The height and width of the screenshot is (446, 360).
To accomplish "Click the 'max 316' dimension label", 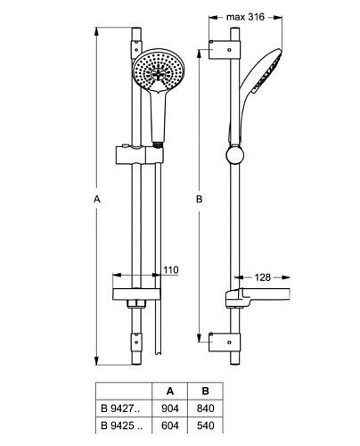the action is pyautogui.click(x=245, y=17).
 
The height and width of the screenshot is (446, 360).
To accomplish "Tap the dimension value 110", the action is pyautogui.click(x=171, y=270).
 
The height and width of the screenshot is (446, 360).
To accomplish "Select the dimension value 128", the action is pyautogui.click(x=263, y=277).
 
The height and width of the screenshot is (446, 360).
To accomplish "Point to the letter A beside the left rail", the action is pyautogui.click(x=97, y=199).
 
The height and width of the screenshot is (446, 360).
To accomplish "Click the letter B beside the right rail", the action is pyautogui.click(x=199, y=199).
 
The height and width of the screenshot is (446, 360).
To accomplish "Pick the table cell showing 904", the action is pyautogui.click(x=170, y=409).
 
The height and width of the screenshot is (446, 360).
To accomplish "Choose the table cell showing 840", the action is pyautogui.click(x=205, y=409).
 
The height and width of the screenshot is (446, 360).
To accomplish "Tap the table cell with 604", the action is pyautogui.click(x=170, y=425).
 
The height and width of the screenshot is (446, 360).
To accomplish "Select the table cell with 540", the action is pyautogui.click(x=205, y=425).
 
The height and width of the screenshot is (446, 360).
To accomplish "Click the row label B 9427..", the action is pyautogui.click(x=120, y=409).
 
